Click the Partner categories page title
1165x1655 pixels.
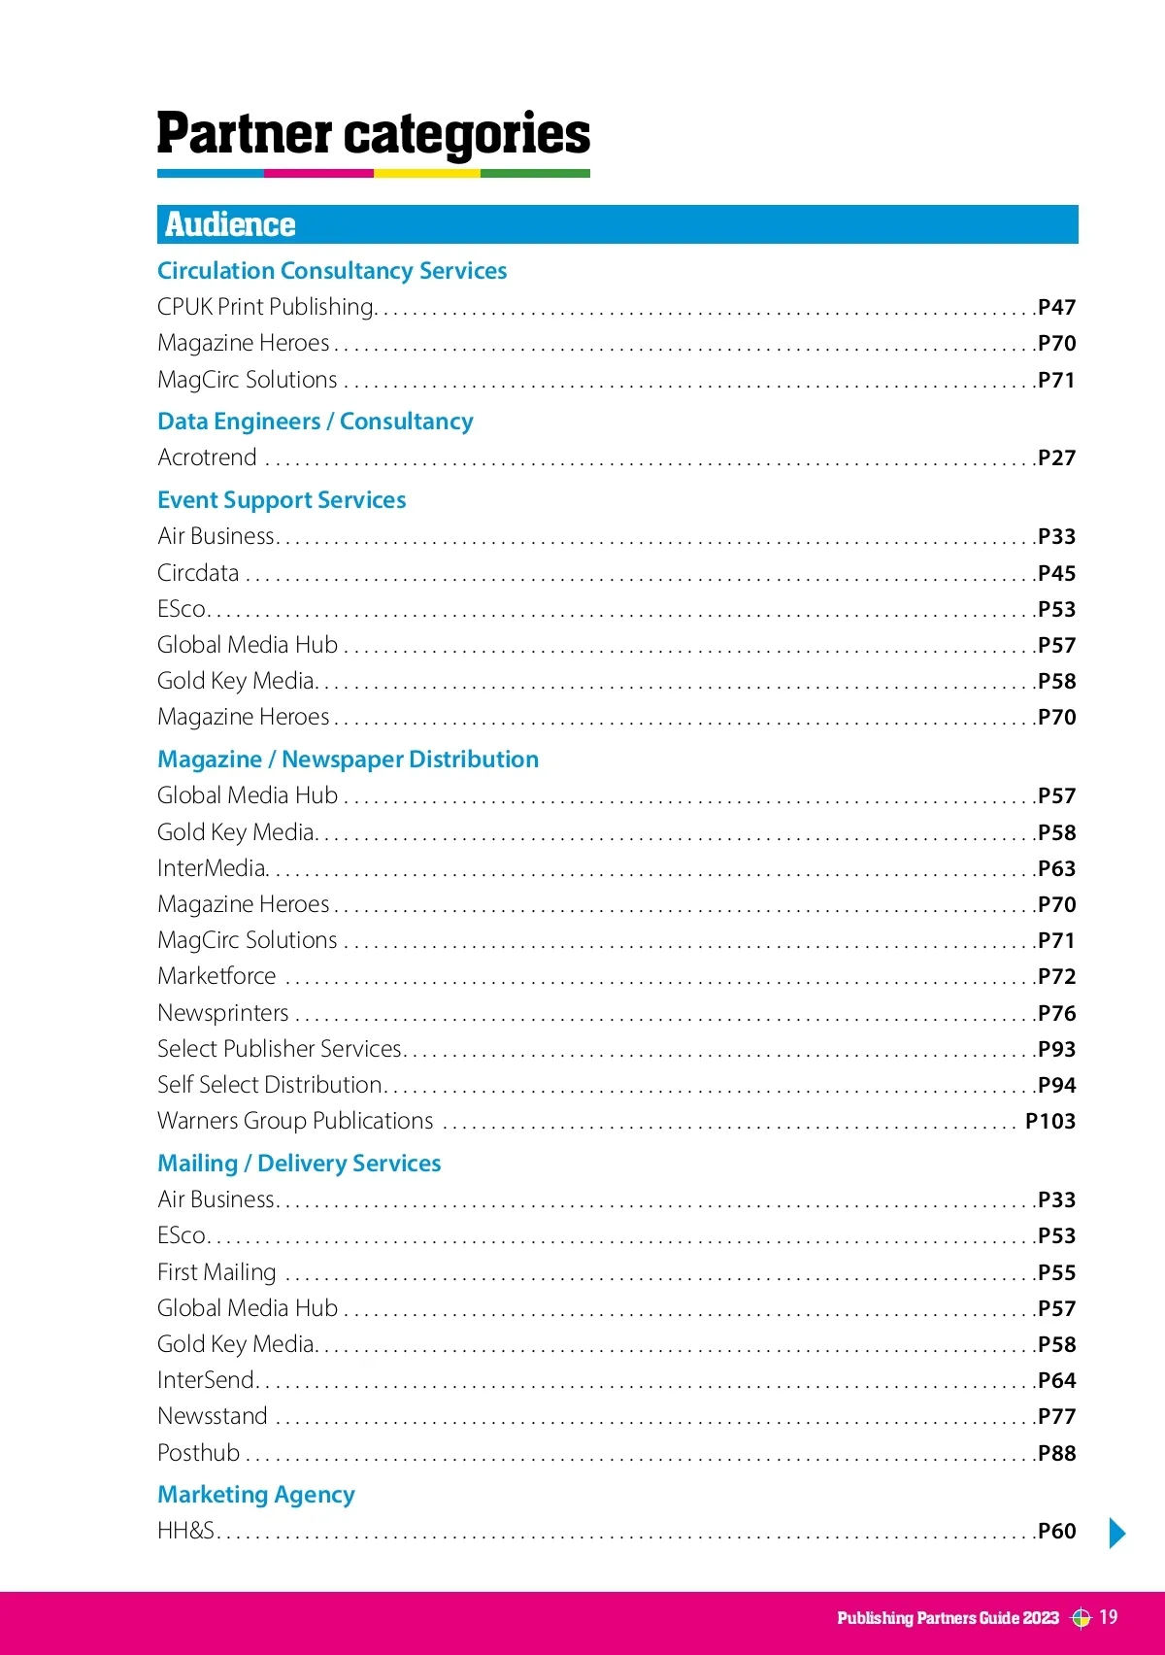click(374, 134)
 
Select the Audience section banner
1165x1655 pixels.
click(617, 224)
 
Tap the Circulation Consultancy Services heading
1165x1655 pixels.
click(332, 271)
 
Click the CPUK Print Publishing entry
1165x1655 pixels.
click(266, 307)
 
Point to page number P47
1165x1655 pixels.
click(1056, 308)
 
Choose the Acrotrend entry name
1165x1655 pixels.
click(208, 457)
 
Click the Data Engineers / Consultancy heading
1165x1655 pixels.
click(316, 422)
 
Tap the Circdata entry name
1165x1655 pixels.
click(198, 573)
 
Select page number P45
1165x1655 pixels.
click(1056, 574)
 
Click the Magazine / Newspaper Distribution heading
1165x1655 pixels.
click(348, 760)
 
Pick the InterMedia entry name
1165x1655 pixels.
click(212, 868)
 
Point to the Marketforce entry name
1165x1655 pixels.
click(216, 976)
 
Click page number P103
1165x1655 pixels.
click(1050, 1122)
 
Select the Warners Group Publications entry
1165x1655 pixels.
click(295, 1121)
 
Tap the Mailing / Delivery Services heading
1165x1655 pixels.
click(299, 1164)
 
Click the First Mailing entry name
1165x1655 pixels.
click(216, 1272)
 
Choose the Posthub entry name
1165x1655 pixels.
click(198, 1453)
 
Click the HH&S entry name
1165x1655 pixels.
click(185, 1531)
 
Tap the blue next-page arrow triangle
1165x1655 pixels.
click(1117, 1533)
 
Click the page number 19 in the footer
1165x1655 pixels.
click(1108, 1617)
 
